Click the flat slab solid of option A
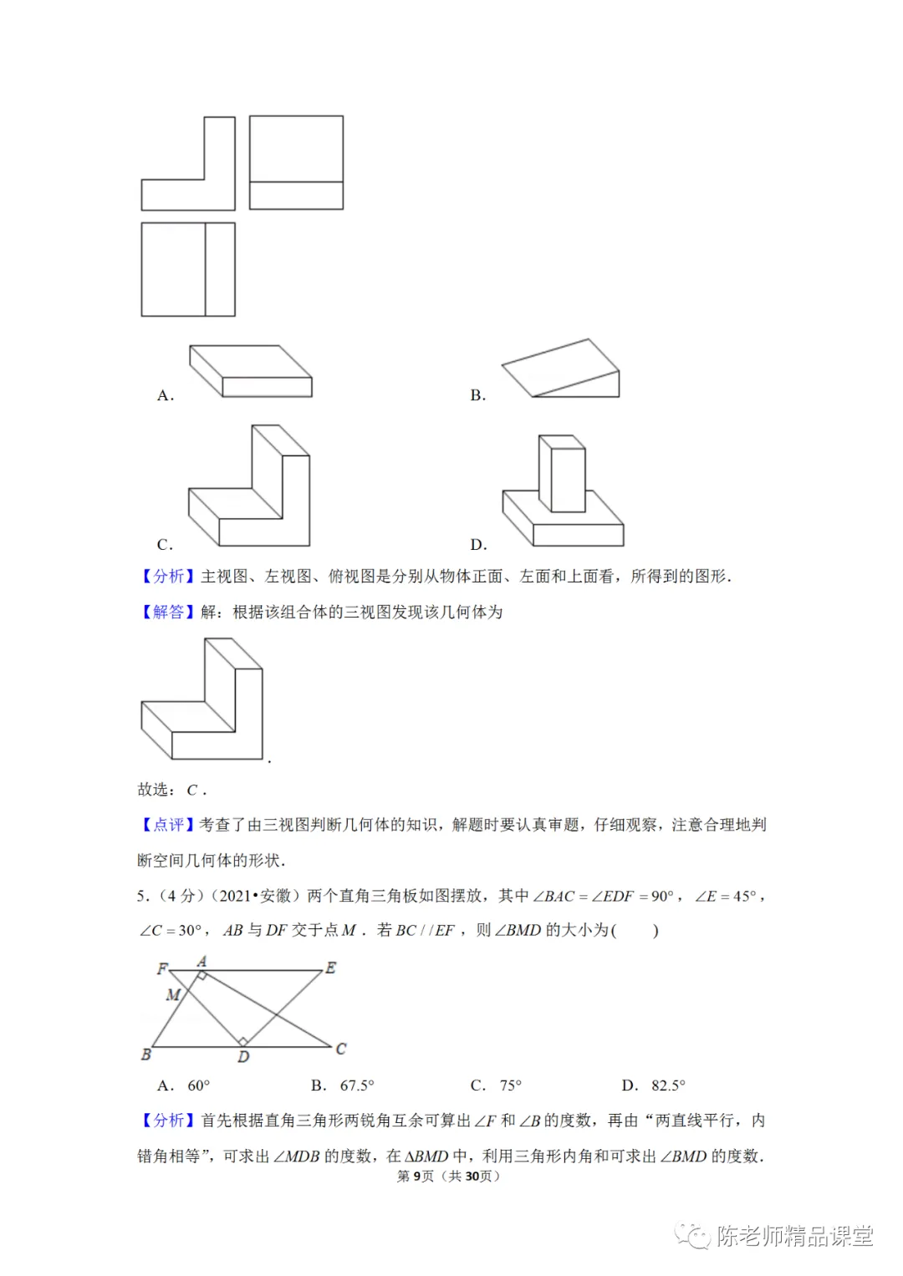[x=251, y=372]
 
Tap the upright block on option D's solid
[x=563, y=473]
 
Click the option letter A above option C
[x=165, y=395]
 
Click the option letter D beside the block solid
[x=478, y=545]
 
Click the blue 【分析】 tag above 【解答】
[x=166, y=576]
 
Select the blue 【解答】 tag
[x=166, y=612]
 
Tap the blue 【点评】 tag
[x=166, y=825]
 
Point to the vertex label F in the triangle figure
[x=162, y=968]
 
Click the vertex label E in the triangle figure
[x=331, y=968]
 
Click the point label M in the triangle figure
[x=173, y=994]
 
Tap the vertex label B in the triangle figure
[x=146, y=1055]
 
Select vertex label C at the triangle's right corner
[x=340, y=1049]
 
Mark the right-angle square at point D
[x=242, y=1041]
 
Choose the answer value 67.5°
[x=357, y=1085]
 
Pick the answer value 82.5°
[x=668, y=1085]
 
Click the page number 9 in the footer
[x=417, y=1177]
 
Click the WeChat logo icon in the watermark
[x=693, y=1236]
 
